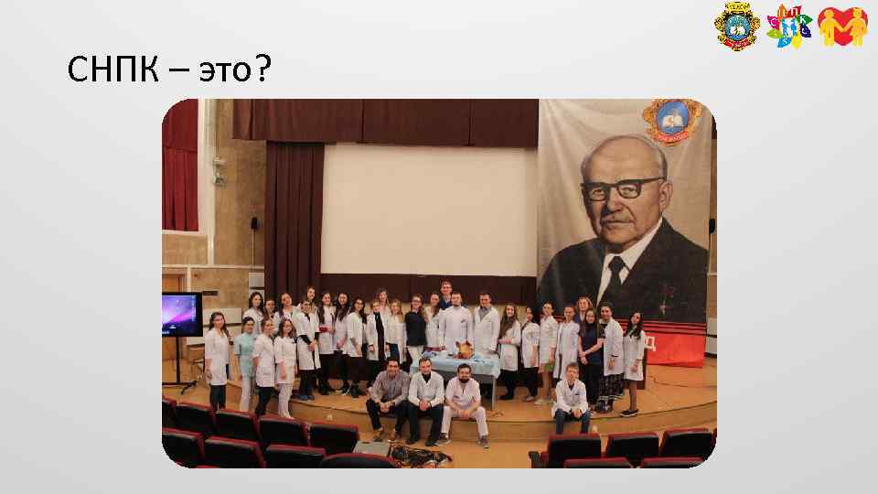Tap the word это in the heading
coord(219,70)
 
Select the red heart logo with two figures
coord(841,27)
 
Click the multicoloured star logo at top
coord(788,27)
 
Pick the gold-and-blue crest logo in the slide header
coord(736,27)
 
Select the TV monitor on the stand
coord(181,315)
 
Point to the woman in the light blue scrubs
coord(244,361)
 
